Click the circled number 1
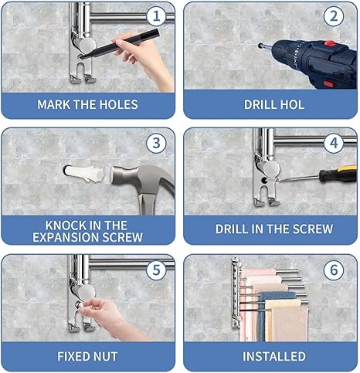point(156,16)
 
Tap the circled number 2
point(334,16)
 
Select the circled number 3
point(156,144)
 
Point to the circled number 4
point(334,144)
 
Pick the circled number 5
point(156,270)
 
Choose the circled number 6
point(334,270)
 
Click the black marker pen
point(119,44)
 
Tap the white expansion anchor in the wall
point(84,174)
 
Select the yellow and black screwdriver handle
point(338,173)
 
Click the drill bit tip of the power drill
point(260,46)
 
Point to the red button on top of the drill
point(329,42)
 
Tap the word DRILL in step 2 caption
point(259,104)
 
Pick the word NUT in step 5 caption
point(106,357)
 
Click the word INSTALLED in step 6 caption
point(274,357)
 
